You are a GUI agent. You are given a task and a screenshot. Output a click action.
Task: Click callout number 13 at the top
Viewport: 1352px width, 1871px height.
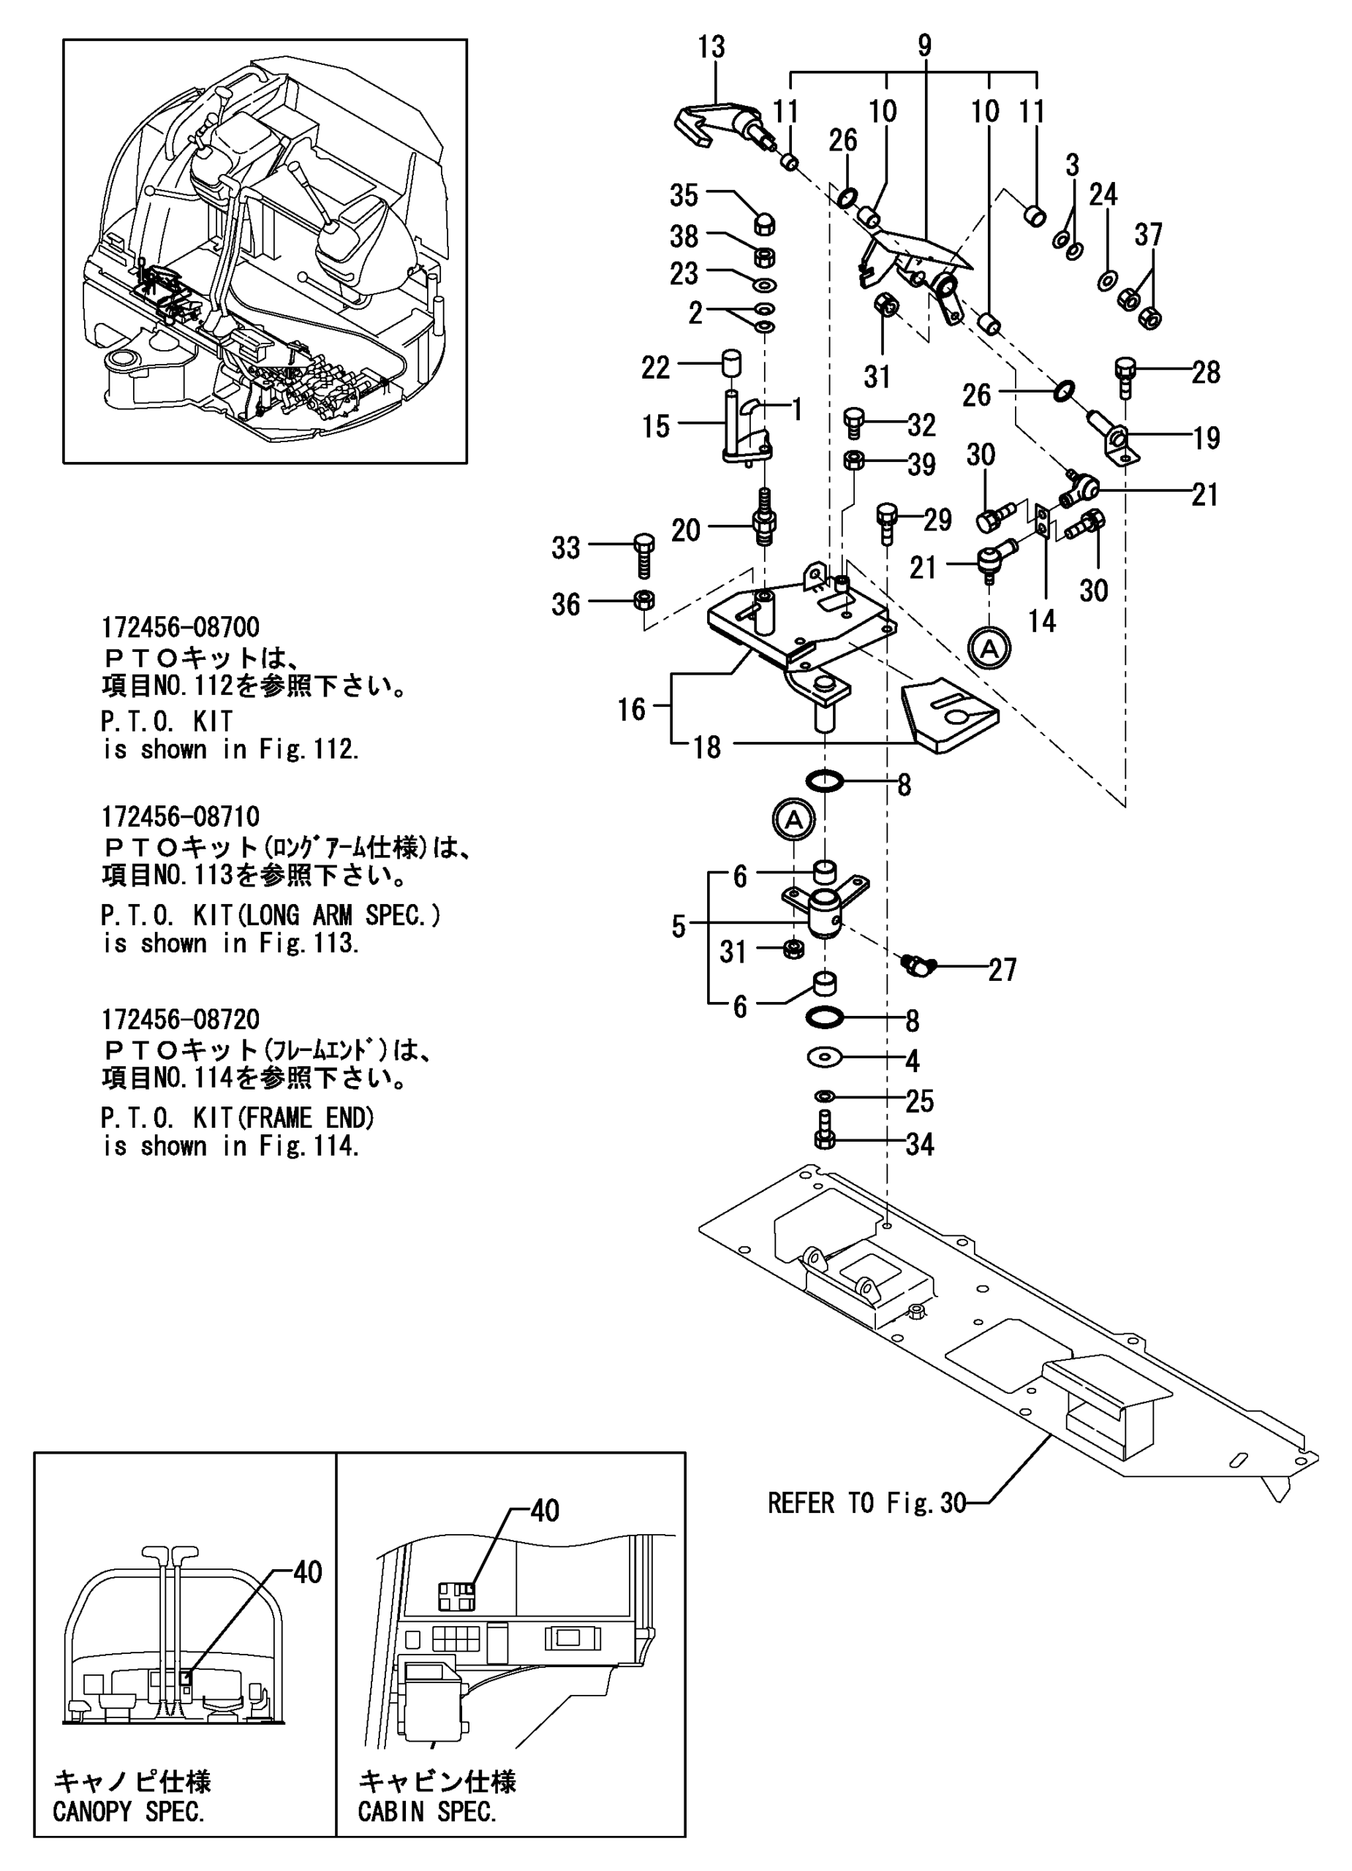711,47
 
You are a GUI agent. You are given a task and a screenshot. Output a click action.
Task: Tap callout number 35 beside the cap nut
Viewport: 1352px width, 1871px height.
684,197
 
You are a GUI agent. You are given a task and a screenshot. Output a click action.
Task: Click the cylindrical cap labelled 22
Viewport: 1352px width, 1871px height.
730,363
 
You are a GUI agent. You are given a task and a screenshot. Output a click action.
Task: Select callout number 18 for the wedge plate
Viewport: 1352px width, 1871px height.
706,748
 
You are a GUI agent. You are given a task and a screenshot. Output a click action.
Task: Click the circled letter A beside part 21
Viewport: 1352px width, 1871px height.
989,648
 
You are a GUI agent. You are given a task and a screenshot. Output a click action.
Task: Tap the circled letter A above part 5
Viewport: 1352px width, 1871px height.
793,820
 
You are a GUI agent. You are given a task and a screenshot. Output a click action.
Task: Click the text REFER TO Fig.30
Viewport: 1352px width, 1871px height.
866,1503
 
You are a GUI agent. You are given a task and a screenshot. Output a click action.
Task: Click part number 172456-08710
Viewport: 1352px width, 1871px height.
180,816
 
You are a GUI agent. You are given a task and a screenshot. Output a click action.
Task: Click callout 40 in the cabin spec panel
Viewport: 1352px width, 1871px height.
544,1511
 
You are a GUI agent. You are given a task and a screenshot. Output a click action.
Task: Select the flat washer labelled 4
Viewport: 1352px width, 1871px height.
825,1057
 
